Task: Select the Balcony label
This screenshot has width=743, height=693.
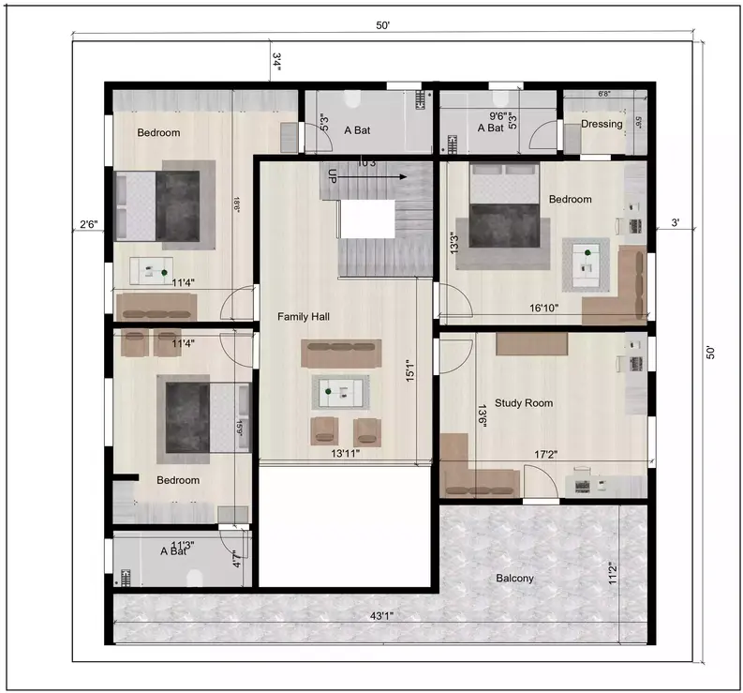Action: coord(514,579)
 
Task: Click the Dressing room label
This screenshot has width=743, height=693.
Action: coord(602,124)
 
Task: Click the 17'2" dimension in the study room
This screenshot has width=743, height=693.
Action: coord(546,454)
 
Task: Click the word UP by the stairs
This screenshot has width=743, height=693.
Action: coord(332,175)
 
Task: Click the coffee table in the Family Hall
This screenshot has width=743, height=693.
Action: coord(340,392)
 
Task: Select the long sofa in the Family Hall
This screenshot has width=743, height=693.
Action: coord(341,354)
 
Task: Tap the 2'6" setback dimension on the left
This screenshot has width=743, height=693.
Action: coord(89,224)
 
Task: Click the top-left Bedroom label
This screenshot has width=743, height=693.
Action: coord(158,132)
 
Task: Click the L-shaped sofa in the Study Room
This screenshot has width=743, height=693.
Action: coord(473,474)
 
